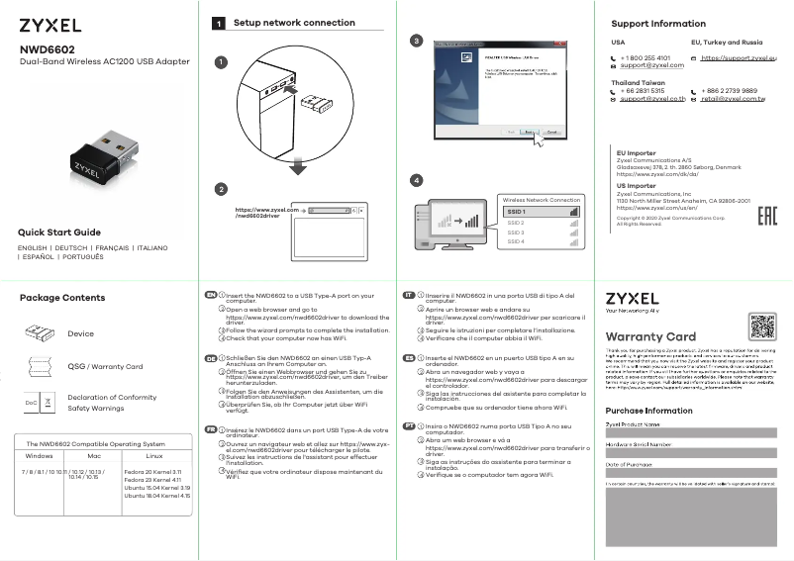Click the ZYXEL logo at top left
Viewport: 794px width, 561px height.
tap(50, 25)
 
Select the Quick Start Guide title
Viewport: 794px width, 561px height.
tap(59, 233)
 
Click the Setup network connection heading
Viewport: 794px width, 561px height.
tap(293, 23)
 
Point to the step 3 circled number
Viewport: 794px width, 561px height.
tap(417, 41)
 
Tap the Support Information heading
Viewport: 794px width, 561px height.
tap(657, 23)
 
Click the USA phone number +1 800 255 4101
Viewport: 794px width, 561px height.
tap(645, 58)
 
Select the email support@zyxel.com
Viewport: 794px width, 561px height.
tap(645, 66)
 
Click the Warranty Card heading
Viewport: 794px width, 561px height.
tap(649, 336)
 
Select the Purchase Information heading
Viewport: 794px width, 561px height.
tap(648, 410)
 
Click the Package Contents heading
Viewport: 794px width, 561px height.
tap(62, 298)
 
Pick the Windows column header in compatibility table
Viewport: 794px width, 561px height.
tap(39, 456)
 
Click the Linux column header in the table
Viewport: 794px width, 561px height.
tap(153, 456)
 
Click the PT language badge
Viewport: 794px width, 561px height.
tap(408, 424)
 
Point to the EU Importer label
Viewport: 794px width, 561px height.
tap(636, 153)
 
